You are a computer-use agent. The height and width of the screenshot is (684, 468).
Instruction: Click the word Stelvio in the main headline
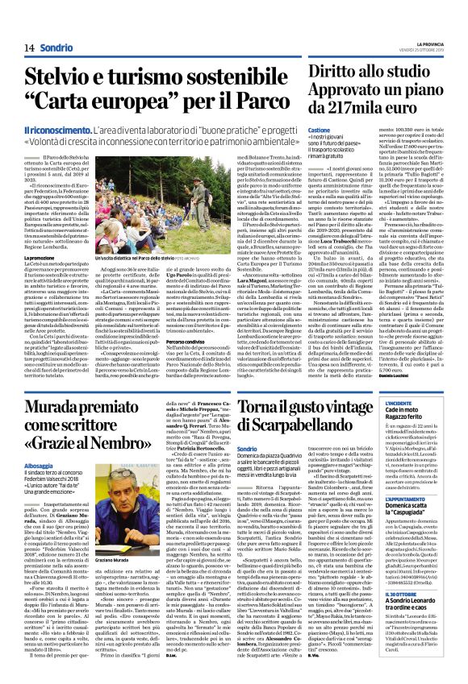tap(64, 79)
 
